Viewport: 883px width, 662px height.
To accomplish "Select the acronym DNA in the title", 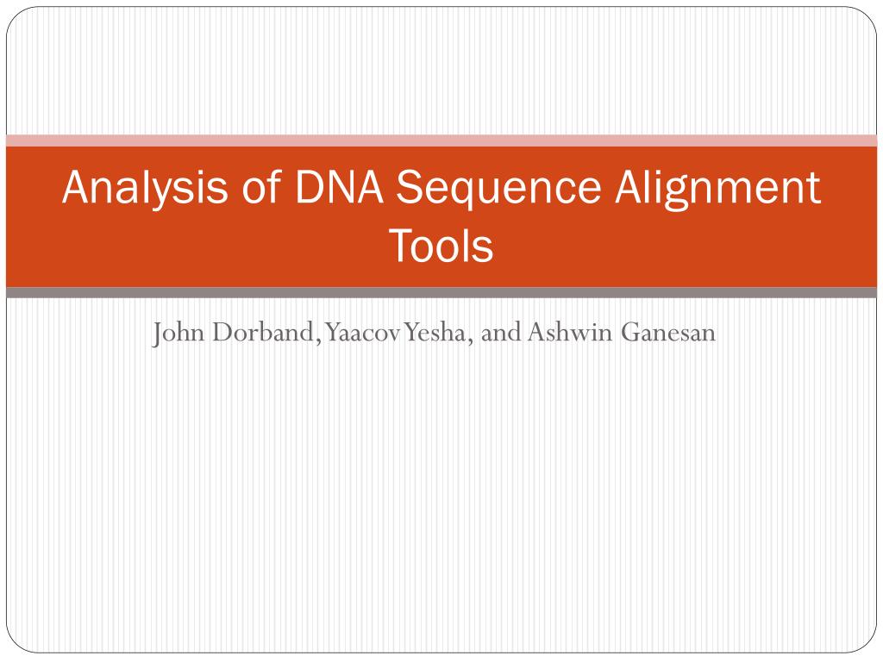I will point(337,189).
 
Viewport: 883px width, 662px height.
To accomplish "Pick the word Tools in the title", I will point(441,246).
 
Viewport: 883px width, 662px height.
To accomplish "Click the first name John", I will point(172,333).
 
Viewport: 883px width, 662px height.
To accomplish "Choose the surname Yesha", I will point(435,333).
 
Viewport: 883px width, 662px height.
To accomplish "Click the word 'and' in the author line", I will point(502,333).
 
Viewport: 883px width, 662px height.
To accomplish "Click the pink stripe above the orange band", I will point(441,141).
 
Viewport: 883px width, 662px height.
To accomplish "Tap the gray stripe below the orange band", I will point(441,293).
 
